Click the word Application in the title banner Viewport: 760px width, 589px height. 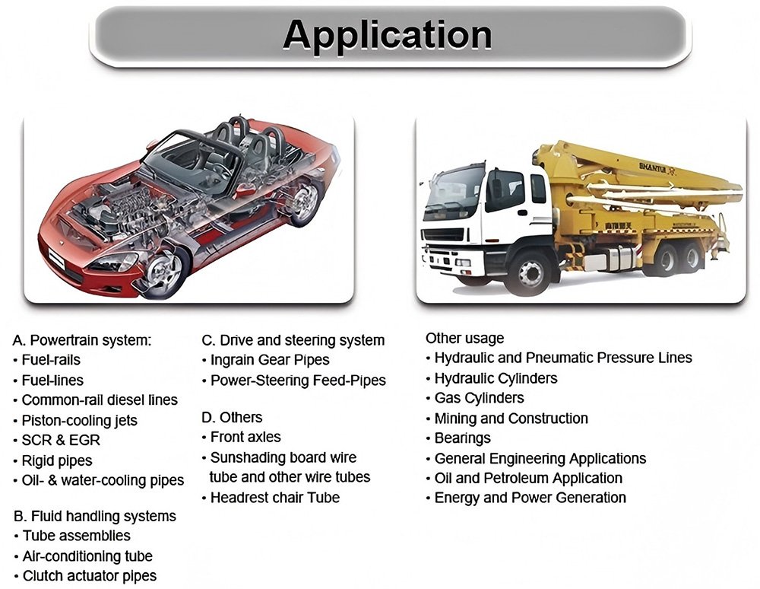click(388, 35)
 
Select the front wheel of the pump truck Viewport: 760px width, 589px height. click(530, 273)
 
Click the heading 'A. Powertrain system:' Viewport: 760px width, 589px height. click(82, 340)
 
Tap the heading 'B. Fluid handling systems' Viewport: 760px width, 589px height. click(95, 516)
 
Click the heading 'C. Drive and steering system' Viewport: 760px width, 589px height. click(293, 341)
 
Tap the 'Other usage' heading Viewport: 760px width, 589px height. click(465, 338)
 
